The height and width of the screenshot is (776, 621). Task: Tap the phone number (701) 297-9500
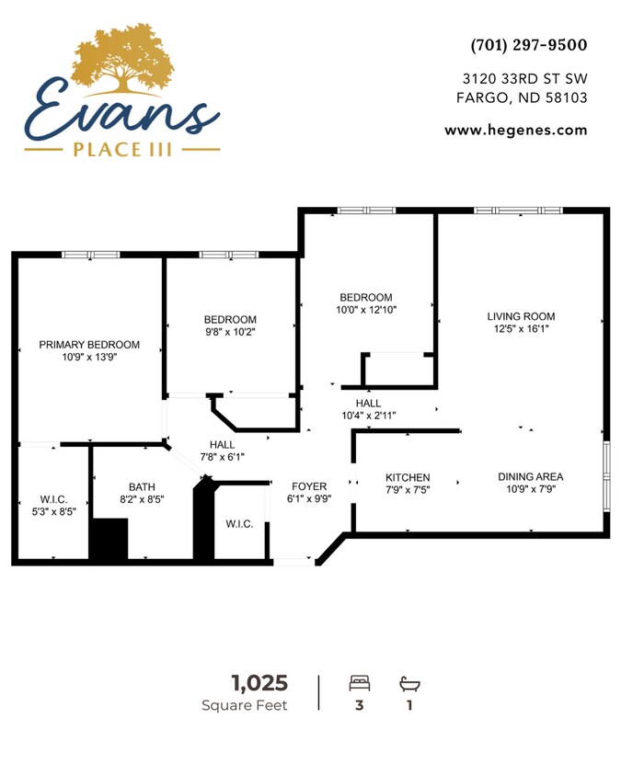(528, 45)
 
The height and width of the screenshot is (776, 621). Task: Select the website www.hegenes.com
(515, 131)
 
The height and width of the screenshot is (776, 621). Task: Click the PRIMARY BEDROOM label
(89, 345)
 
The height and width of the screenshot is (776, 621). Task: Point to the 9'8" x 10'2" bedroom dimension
(230, 333)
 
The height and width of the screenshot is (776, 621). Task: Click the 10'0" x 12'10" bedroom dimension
(366, 311)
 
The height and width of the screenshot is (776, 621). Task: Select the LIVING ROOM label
(521, 316)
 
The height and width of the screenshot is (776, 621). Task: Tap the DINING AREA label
(530, 476)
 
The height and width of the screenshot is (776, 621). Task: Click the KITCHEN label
(408, 477)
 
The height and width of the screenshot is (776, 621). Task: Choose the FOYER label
(309, 486)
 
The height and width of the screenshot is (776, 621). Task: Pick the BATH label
(142, 486)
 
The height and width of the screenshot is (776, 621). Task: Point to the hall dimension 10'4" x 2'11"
(368, 416)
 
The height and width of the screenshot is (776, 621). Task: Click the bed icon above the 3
(360, 684)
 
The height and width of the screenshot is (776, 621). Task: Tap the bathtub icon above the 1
(408, 684)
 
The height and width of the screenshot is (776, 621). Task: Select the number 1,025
(259, 683)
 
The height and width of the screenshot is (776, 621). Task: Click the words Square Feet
(245, 705)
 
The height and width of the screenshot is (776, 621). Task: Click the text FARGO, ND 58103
(522, 98)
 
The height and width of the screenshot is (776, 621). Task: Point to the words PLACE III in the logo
(121, 148)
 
